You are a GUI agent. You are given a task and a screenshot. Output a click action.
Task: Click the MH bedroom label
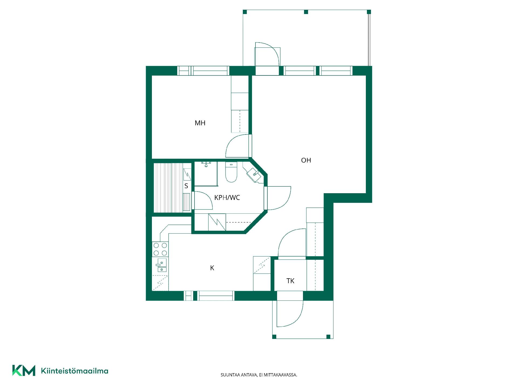pos(200,123)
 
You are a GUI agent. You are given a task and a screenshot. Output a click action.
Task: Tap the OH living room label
pos(306,160)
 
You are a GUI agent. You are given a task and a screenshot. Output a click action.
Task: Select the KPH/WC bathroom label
pos(227,198)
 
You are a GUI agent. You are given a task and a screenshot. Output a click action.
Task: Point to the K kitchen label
pos(212,268)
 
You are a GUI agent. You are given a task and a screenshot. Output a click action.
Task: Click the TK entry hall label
pos(290,281)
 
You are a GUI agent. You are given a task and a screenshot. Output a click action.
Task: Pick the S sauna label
pos(186,186)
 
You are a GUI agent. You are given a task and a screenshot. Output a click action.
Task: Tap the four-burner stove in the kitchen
pos(160,249)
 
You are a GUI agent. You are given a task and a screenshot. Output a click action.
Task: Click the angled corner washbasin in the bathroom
pos(254,174)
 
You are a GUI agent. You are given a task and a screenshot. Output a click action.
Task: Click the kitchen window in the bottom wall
pos(209,296)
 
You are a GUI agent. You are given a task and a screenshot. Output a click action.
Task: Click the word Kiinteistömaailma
pos(74,371)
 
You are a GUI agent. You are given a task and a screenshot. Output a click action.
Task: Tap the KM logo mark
pos(24,370)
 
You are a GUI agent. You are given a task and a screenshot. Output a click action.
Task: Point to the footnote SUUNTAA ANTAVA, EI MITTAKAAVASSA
pos(259,375)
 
